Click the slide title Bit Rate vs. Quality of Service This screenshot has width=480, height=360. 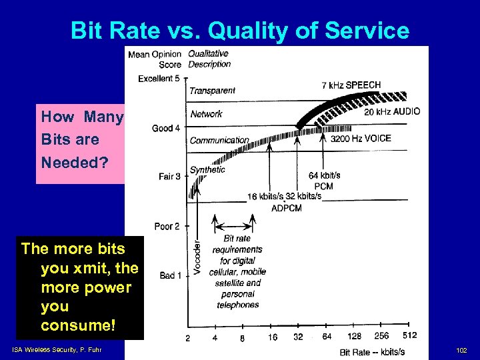pos(239,30)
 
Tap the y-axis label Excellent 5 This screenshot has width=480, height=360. pos(159,79)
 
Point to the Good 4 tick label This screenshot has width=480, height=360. pos(166,128)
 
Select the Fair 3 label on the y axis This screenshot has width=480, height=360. pos(169,177)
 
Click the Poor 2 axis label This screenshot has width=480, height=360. pos(167,227)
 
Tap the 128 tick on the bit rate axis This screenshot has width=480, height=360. pos(354,337)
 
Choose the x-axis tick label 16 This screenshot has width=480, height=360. pos(273,337)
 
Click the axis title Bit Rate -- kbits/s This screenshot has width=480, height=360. pos(372,351)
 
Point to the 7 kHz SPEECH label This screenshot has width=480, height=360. pos(351,85)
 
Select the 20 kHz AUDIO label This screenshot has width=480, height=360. pos(392,112)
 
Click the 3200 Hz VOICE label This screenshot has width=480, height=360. pos(361,139)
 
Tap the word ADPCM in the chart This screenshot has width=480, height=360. pos(287,208)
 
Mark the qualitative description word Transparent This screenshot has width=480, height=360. pos(212,91)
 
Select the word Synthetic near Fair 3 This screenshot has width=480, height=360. pos(207,170)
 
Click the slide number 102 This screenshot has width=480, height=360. pos(461,351)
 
